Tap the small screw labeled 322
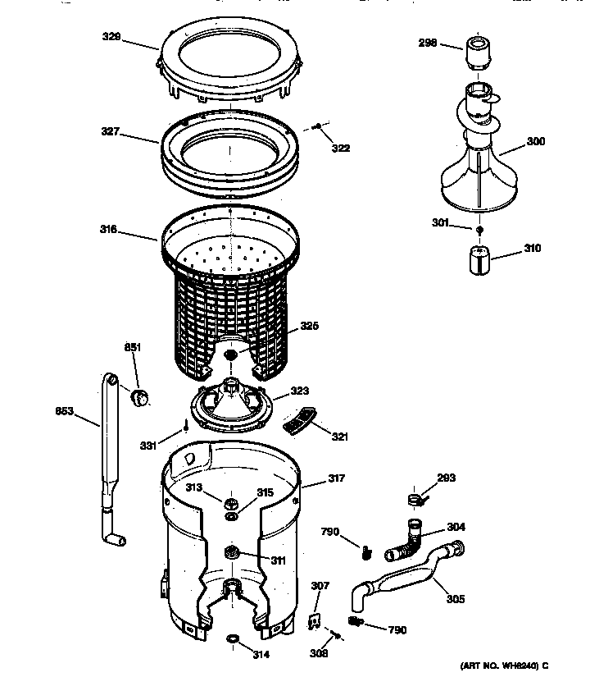317,127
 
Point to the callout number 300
535,142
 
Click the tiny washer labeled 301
479,229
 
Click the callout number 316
109,231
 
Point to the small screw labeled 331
186,426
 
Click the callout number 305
455,599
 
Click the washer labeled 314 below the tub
233,638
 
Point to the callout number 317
337,479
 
